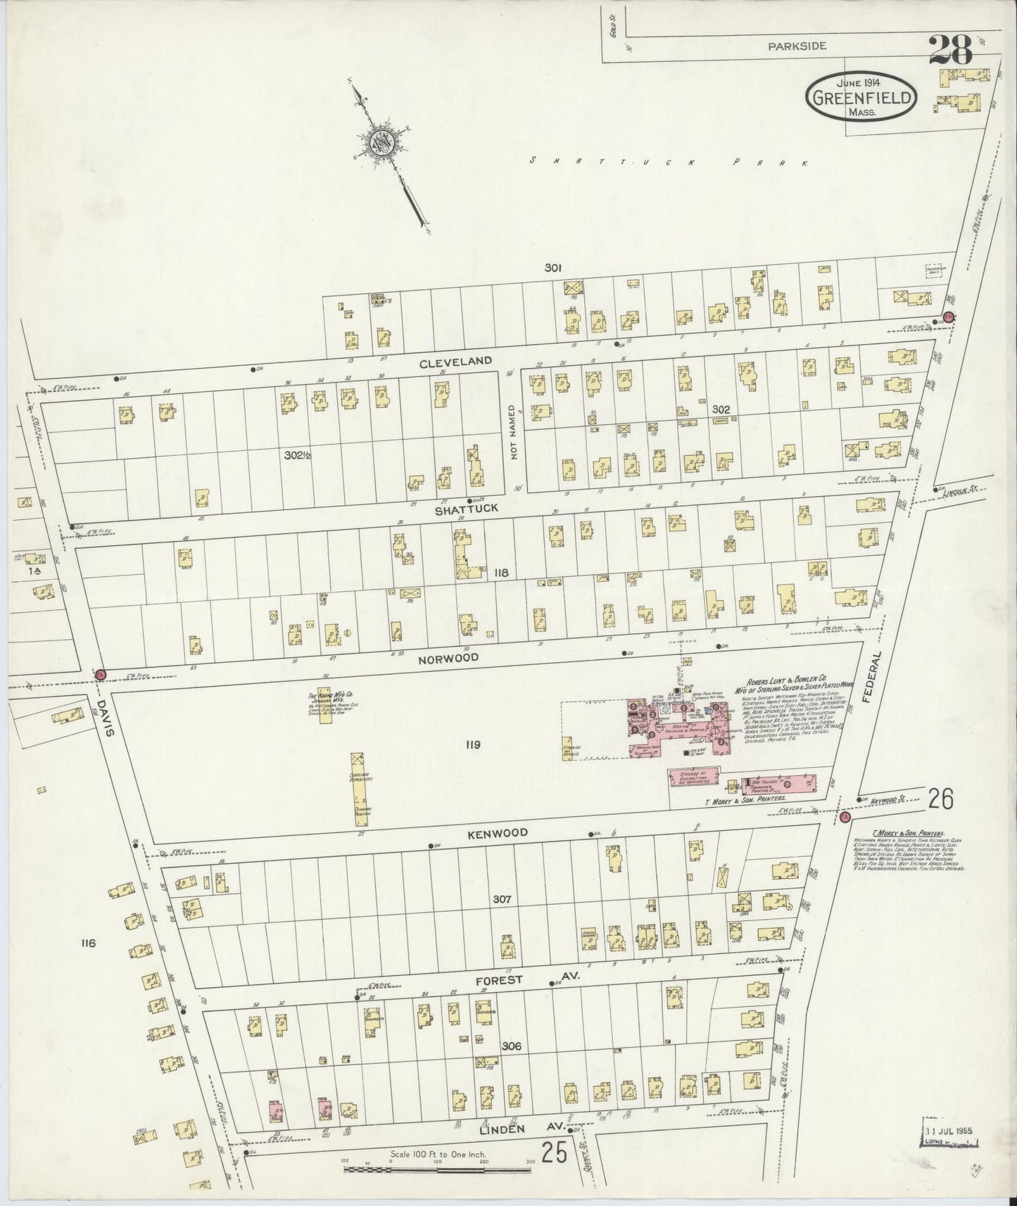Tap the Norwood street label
tap(448, 658)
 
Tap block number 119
tap(472, 744)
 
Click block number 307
tap(501, 899)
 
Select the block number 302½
tap(298, 455)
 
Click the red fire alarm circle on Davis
tap(100, 674)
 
